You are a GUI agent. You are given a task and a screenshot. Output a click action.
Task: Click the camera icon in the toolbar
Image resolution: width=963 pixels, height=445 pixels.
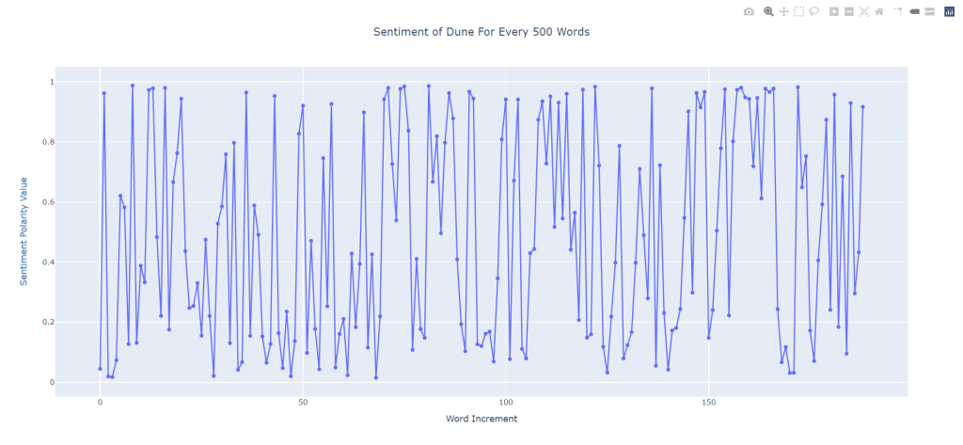pos(749,12)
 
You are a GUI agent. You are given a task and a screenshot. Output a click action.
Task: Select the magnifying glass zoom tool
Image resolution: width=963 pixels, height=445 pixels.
pos(768,12)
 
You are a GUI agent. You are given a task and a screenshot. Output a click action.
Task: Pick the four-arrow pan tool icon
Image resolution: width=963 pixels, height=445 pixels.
pos(783,12)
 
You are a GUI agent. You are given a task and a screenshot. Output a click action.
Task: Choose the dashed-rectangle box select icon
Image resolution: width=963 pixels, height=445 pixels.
pos(798,12)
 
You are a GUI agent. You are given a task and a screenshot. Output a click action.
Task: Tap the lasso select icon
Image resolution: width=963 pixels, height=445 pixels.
pos(813,12)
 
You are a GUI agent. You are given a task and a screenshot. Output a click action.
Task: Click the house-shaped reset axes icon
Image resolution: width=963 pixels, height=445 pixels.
pos(878,12)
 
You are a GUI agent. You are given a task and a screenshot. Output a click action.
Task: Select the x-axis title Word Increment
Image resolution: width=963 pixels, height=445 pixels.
pos(481,419)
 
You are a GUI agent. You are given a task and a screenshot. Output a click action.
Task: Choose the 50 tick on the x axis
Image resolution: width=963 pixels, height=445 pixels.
pos(303,402)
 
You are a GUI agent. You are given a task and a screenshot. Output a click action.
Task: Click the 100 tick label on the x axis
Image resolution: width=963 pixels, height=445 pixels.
pos(506,402)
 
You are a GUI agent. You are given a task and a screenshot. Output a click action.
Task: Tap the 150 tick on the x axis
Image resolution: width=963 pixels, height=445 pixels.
pos(709,402)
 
